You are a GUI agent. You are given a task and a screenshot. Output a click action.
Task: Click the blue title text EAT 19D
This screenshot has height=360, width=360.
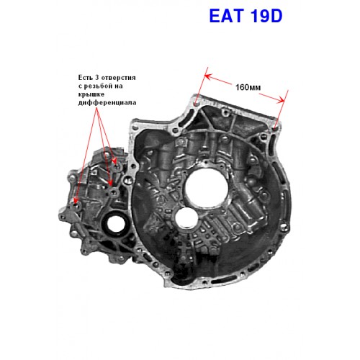[246, 16]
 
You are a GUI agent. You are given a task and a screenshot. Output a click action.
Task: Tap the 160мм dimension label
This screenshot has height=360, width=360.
[248, 87]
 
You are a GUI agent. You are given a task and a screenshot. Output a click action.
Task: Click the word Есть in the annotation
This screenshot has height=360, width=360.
[85, 78]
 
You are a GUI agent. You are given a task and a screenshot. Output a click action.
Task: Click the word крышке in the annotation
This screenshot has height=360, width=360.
[91, 94]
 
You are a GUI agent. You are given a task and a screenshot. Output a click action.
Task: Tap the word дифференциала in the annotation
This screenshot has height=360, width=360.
[107, 102]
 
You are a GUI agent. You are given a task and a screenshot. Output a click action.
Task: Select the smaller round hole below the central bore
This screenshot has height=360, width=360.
[186, 218]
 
